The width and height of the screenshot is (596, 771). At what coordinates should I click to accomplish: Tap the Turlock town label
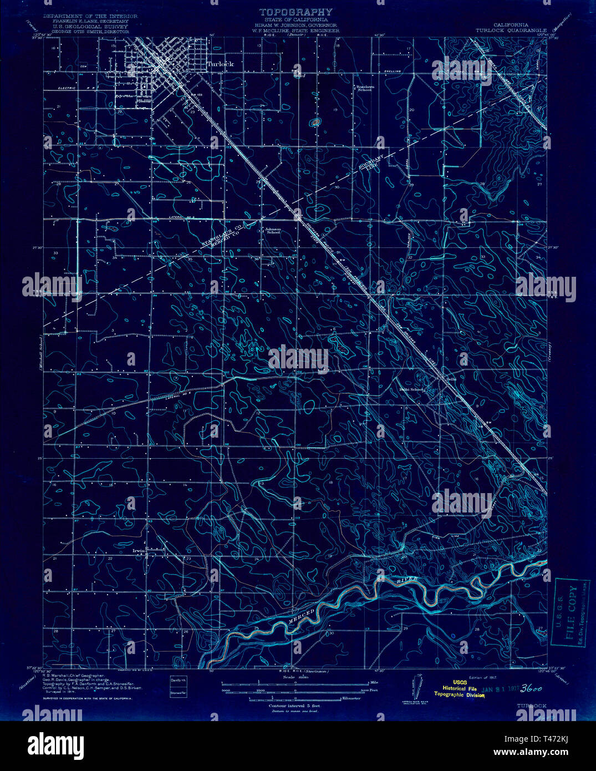tap(220, 64)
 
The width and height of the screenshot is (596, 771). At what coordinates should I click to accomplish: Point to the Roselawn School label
tap(364, 88)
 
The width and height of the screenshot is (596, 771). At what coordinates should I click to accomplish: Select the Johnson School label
tap(272, 230)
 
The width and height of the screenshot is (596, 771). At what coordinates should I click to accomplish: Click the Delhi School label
tap(411, 389)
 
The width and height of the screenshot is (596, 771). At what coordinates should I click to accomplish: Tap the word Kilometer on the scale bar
tap(351, 698)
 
